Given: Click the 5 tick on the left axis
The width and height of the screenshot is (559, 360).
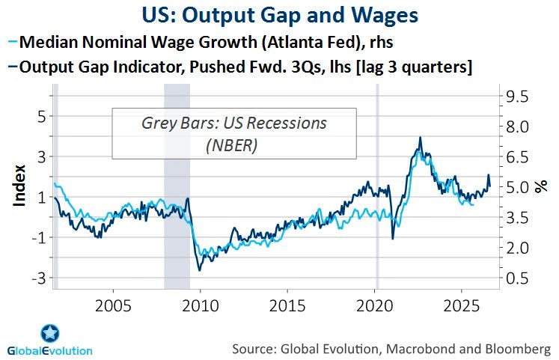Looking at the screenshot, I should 41,116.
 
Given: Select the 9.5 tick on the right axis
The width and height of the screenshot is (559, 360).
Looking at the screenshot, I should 517,97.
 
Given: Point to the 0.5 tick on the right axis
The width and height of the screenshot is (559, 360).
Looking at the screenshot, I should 517,278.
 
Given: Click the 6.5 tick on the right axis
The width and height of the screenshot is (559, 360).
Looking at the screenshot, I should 517,157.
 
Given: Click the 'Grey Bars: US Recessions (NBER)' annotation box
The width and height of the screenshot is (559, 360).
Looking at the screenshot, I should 234,133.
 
